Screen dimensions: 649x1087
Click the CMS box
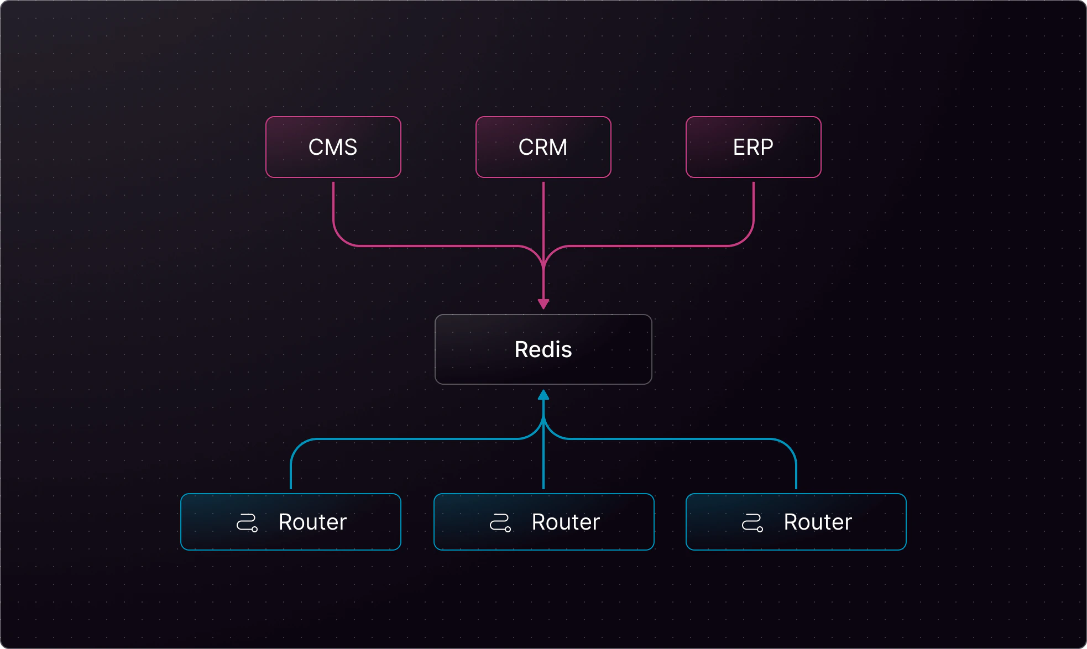point(333,147)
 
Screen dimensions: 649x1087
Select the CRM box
point(543,147)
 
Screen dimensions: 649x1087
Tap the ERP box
point(753,147)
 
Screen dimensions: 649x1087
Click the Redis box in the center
point(543,349)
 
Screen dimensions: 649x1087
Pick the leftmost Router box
point(290,522)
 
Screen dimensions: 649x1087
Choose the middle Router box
point(543,522)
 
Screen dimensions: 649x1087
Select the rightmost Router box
point(796,522)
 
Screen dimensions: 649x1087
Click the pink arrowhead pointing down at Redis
point(543,304)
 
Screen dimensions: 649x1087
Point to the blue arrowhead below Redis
point(543,395)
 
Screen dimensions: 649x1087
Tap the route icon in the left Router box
point(247,522)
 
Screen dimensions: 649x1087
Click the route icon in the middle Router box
point(500,522)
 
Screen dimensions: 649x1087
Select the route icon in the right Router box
point(752,522)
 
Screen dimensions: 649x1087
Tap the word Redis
point(543,349)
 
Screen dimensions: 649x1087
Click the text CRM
point(543,147)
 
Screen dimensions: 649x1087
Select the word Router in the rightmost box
point(818,522)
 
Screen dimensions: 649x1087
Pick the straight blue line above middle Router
point(543,464)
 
